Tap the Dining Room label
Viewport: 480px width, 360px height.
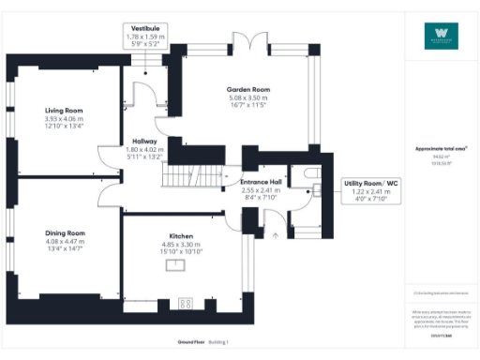[65, 232]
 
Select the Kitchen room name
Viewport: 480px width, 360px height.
[181, 235]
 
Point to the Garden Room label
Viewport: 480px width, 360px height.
[247, 89]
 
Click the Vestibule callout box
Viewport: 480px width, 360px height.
[143, 37]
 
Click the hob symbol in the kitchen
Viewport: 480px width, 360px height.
[185, 303]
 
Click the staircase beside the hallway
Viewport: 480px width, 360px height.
[187, 175]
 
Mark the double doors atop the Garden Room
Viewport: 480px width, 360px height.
[247, 44]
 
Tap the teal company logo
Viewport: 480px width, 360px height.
[441, 34]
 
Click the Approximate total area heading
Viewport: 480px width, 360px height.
[441, 148]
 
